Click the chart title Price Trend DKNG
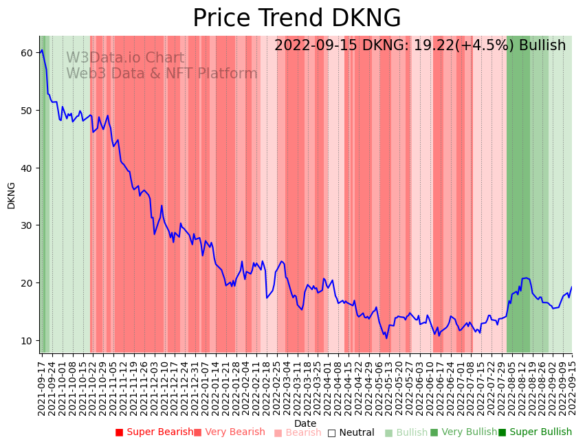[296, 19]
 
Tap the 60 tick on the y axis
[27, 53]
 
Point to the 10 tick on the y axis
[27, 340]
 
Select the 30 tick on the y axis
[27, 225]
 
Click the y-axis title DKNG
[11, 195]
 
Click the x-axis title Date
[305, 424]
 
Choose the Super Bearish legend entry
[155, 432]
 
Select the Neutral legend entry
[351, 432]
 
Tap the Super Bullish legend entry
[535, 432]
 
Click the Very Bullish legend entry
[463, 432]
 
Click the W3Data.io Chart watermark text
[125, 58]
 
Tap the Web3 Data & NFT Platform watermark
[162, 74]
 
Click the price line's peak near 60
[42, 50]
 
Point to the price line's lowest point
[386, 338]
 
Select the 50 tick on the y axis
[27, 110]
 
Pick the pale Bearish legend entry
[298, 432]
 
